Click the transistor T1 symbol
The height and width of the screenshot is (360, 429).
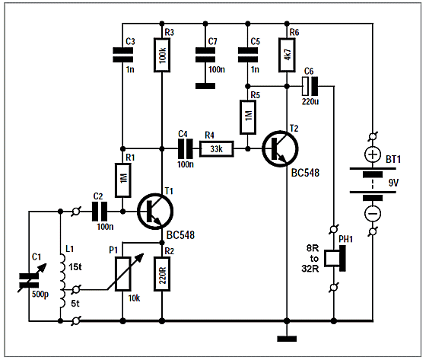[x=155, y=211]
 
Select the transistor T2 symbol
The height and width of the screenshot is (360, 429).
[x=280, y=149]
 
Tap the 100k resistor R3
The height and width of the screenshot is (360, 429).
[x=162, y=56]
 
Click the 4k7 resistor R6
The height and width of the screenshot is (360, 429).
[x=287, y=55]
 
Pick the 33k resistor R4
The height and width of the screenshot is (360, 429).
[x=217, y=149]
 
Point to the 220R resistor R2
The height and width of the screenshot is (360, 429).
[x=162, y=274]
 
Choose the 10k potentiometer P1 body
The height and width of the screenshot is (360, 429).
[x=123, y=274]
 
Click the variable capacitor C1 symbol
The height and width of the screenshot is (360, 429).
[x=29, y=280]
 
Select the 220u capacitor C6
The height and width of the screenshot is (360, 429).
[x=310, y=86]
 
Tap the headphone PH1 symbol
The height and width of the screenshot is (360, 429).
[x=335, y=258]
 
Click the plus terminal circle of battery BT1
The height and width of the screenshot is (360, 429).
[x=373, y=155]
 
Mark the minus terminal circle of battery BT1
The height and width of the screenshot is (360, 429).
[x=373, y=213]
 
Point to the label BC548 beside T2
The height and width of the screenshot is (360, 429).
[x=305, y=173]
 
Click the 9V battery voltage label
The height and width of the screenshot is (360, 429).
[x=393, y=183]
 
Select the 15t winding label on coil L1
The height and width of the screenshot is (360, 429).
[x=75, y=267]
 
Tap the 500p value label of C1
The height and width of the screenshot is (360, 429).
[x=40, y=295]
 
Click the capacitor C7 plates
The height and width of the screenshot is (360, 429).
[x=205, y=55]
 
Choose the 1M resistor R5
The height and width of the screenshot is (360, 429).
[x=248, y=117]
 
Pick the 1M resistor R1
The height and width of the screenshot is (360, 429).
[x=123, y=180]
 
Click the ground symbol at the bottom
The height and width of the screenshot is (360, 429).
[x=287, y=339]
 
